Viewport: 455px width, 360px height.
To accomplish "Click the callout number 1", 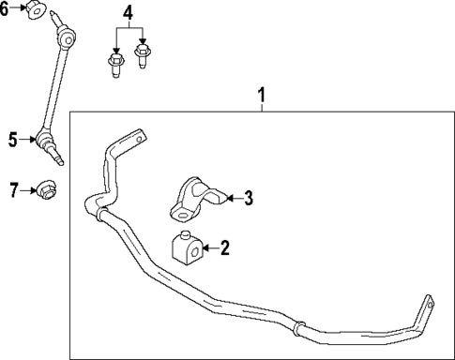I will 263,94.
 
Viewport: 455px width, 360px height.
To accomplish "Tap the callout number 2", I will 224,247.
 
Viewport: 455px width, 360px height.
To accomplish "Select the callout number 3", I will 249,197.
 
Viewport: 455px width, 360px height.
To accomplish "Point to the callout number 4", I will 129,14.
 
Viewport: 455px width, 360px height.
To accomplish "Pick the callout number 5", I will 13,141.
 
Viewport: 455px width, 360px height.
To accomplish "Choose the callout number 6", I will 5,8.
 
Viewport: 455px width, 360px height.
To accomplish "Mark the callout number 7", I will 13,190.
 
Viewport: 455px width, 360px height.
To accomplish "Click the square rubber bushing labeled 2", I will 189,248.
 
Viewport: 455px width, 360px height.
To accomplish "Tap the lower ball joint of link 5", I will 45,142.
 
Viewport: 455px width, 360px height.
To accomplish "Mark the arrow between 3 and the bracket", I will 235,197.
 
